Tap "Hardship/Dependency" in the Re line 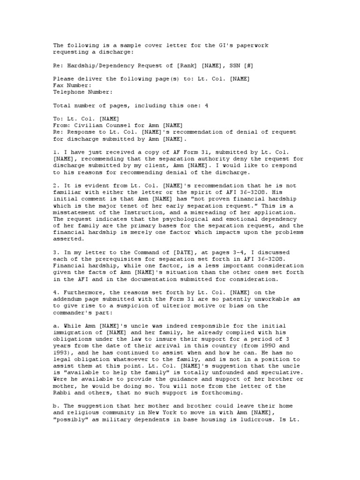coord(96,65)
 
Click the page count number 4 coord(206,106)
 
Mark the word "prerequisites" coord(103,259)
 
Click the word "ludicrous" coord(262,412)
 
